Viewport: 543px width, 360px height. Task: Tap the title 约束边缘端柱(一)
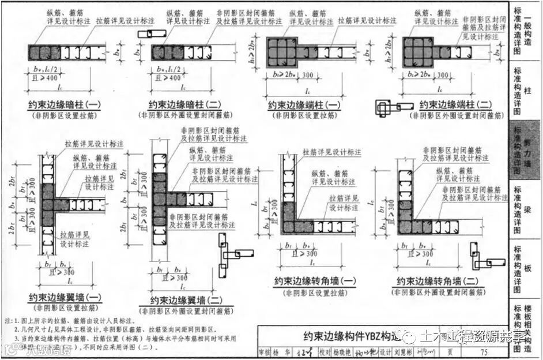[x=304, y=106]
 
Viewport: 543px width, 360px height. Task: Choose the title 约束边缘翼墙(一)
[x=65, y=298]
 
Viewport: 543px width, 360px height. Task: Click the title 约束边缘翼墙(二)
[x=186, y=300]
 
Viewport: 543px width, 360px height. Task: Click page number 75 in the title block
[x=482, y=351]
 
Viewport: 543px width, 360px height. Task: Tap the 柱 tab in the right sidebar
[x=527, y=91]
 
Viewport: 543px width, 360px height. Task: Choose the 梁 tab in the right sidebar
[x=527, y=209]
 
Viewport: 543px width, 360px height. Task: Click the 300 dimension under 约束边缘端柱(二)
[x=443, y=74]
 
